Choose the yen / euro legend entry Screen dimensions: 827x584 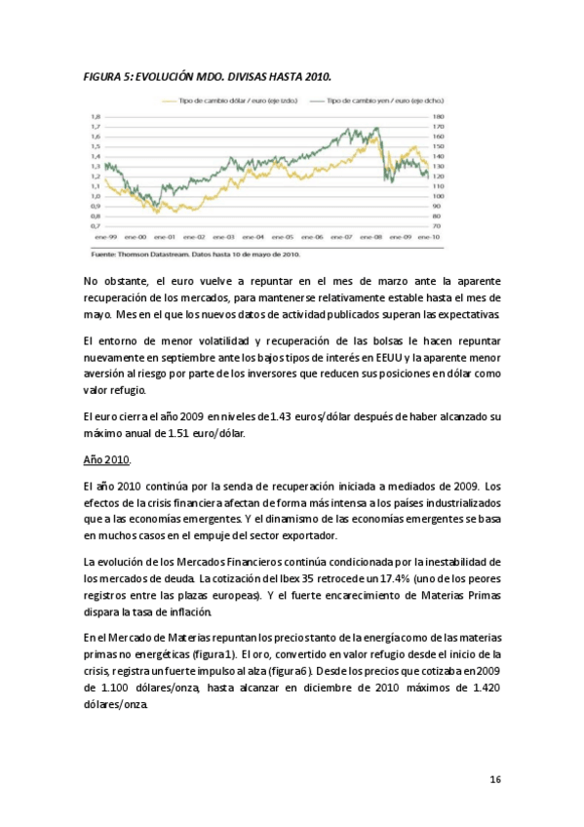[374, 100]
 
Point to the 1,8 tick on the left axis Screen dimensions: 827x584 [95, 116]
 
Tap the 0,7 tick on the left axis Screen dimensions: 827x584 [95, 226]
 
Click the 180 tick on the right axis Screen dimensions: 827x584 [438, 116]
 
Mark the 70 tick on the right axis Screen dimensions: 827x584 [437, 226]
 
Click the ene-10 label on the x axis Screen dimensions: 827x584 [427, 237]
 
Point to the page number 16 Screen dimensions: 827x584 [495, 779]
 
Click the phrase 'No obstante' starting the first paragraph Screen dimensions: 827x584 [116, 280]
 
